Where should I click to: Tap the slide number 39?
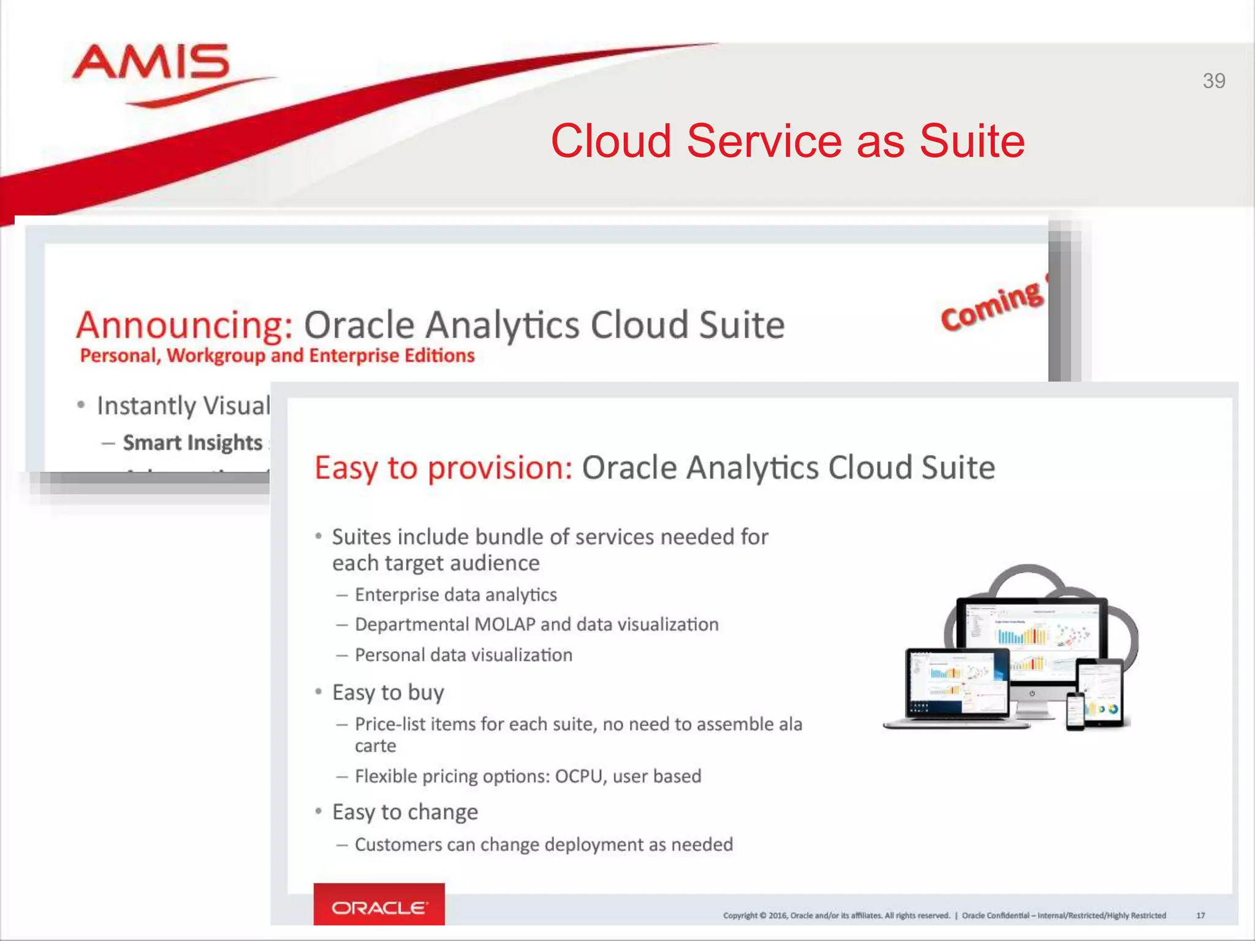1213,81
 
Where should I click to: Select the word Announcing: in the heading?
184,325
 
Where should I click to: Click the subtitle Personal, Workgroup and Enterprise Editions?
277,356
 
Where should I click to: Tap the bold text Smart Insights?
192,443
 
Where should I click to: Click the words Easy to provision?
443,468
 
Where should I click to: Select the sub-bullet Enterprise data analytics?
455,595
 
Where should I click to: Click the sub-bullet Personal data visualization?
463,656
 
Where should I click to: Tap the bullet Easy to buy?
388,693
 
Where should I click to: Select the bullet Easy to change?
404,812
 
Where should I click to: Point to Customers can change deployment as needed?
544,845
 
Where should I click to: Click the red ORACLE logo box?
379,905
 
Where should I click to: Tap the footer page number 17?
1200,916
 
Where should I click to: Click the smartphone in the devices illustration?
1075,712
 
